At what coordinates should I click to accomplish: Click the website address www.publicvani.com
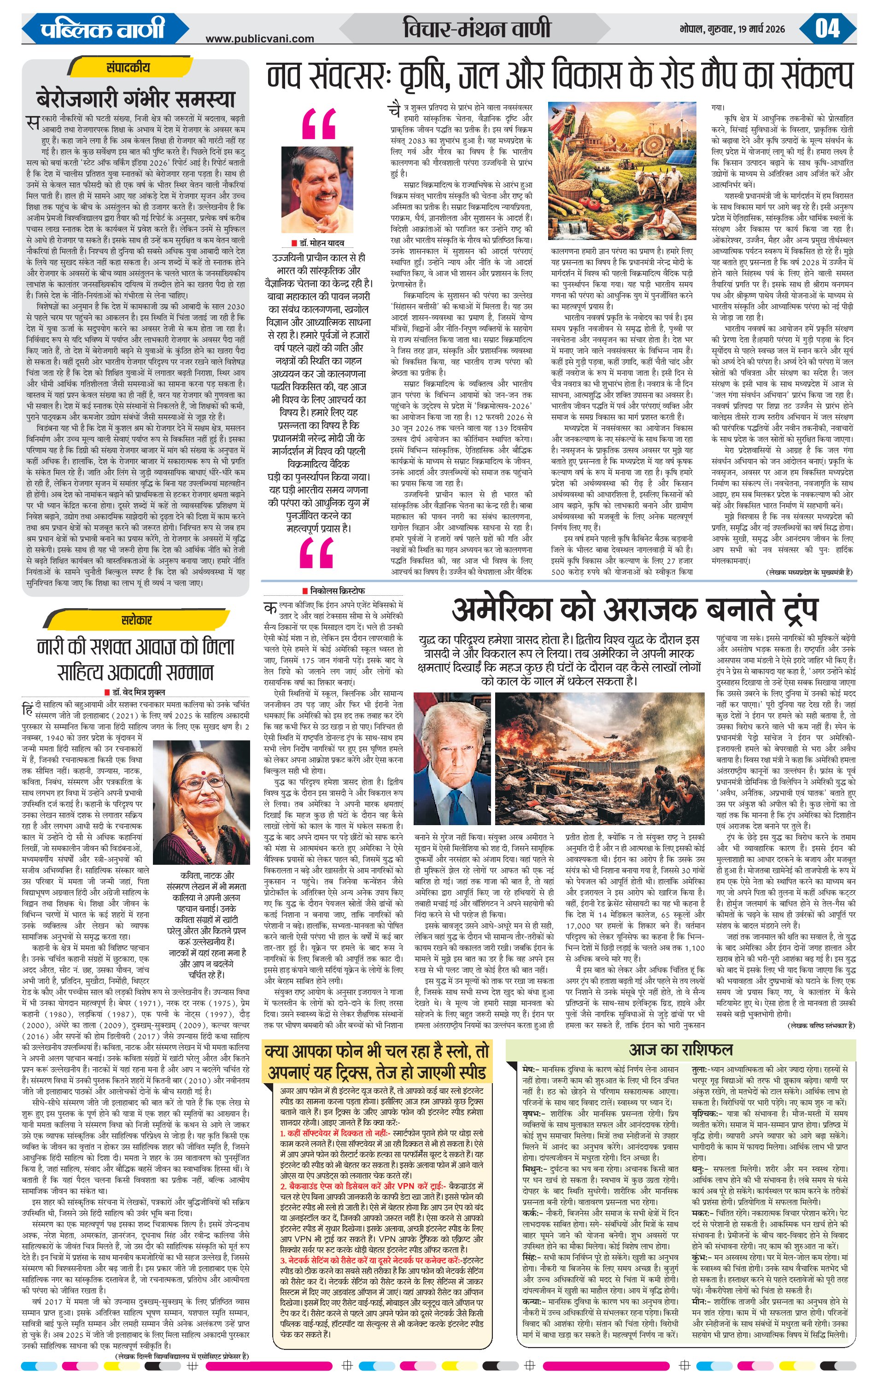(260, 39)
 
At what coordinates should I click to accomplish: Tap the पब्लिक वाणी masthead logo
(102, 28)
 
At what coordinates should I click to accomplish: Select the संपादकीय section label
(128, 67)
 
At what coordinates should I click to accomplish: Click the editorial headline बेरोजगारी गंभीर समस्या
(135, 99)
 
